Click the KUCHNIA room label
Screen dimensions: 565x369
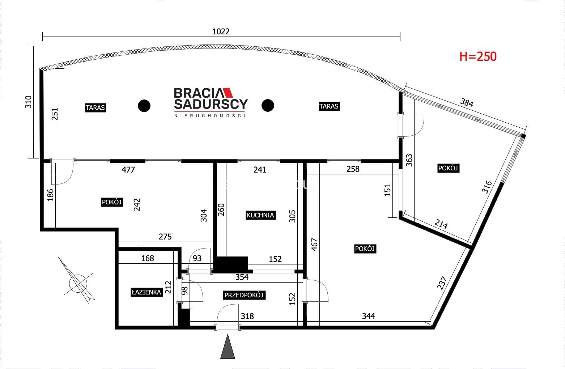pyautogui.click(x=260, y=215)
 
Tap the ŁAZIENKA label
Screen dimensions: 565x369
pyautogui.click(x=146, y=292)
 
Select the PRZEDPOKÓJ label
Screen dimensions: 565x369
pyautogui.click(x=244, y=295)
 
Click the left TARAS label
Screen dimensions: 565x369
pyautogui.click(x=95, y=108)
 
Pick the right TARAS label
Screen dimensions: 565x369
pyautogui.click(x=329, y=106)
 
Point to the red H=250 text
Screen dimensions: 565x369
pyautogui.click(x=478, y=56)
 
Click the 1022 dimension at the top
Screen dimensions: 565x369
pyautogui.click(x=221, y=31)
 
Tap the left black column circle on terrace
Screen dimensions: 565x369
pyautogui.click(x=144, y=106)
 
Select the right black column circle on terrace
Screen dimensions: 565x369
pyautogui.click(x=268, y=105)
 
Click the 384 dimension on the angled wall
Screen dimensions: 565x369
pyautogui.click(x=466, y=103)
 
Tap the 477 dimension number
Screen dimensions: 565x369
pyautogui.click(x=128, y=170)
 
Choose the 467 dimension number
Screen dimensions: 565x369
pyautogui.click(x=314, y=245)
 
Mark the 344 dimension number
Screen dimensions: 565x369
pyautogui.click(x=368, y=316)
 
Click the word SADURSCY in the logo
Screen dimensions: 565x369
pyautogui.click(x=211, y=104)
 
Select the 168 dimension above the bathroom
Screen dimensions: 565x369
pyautogui.click(x=148, y=258)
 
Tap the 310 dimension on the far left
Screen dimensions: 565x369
pyautogui.click(x=28, y=102)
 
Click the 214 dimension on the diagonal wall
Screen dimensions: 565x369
pyautogui.click(x=441, y=224)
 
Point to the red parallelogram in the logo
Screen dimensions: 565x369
pyautogui.click(x=228, y=93)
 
